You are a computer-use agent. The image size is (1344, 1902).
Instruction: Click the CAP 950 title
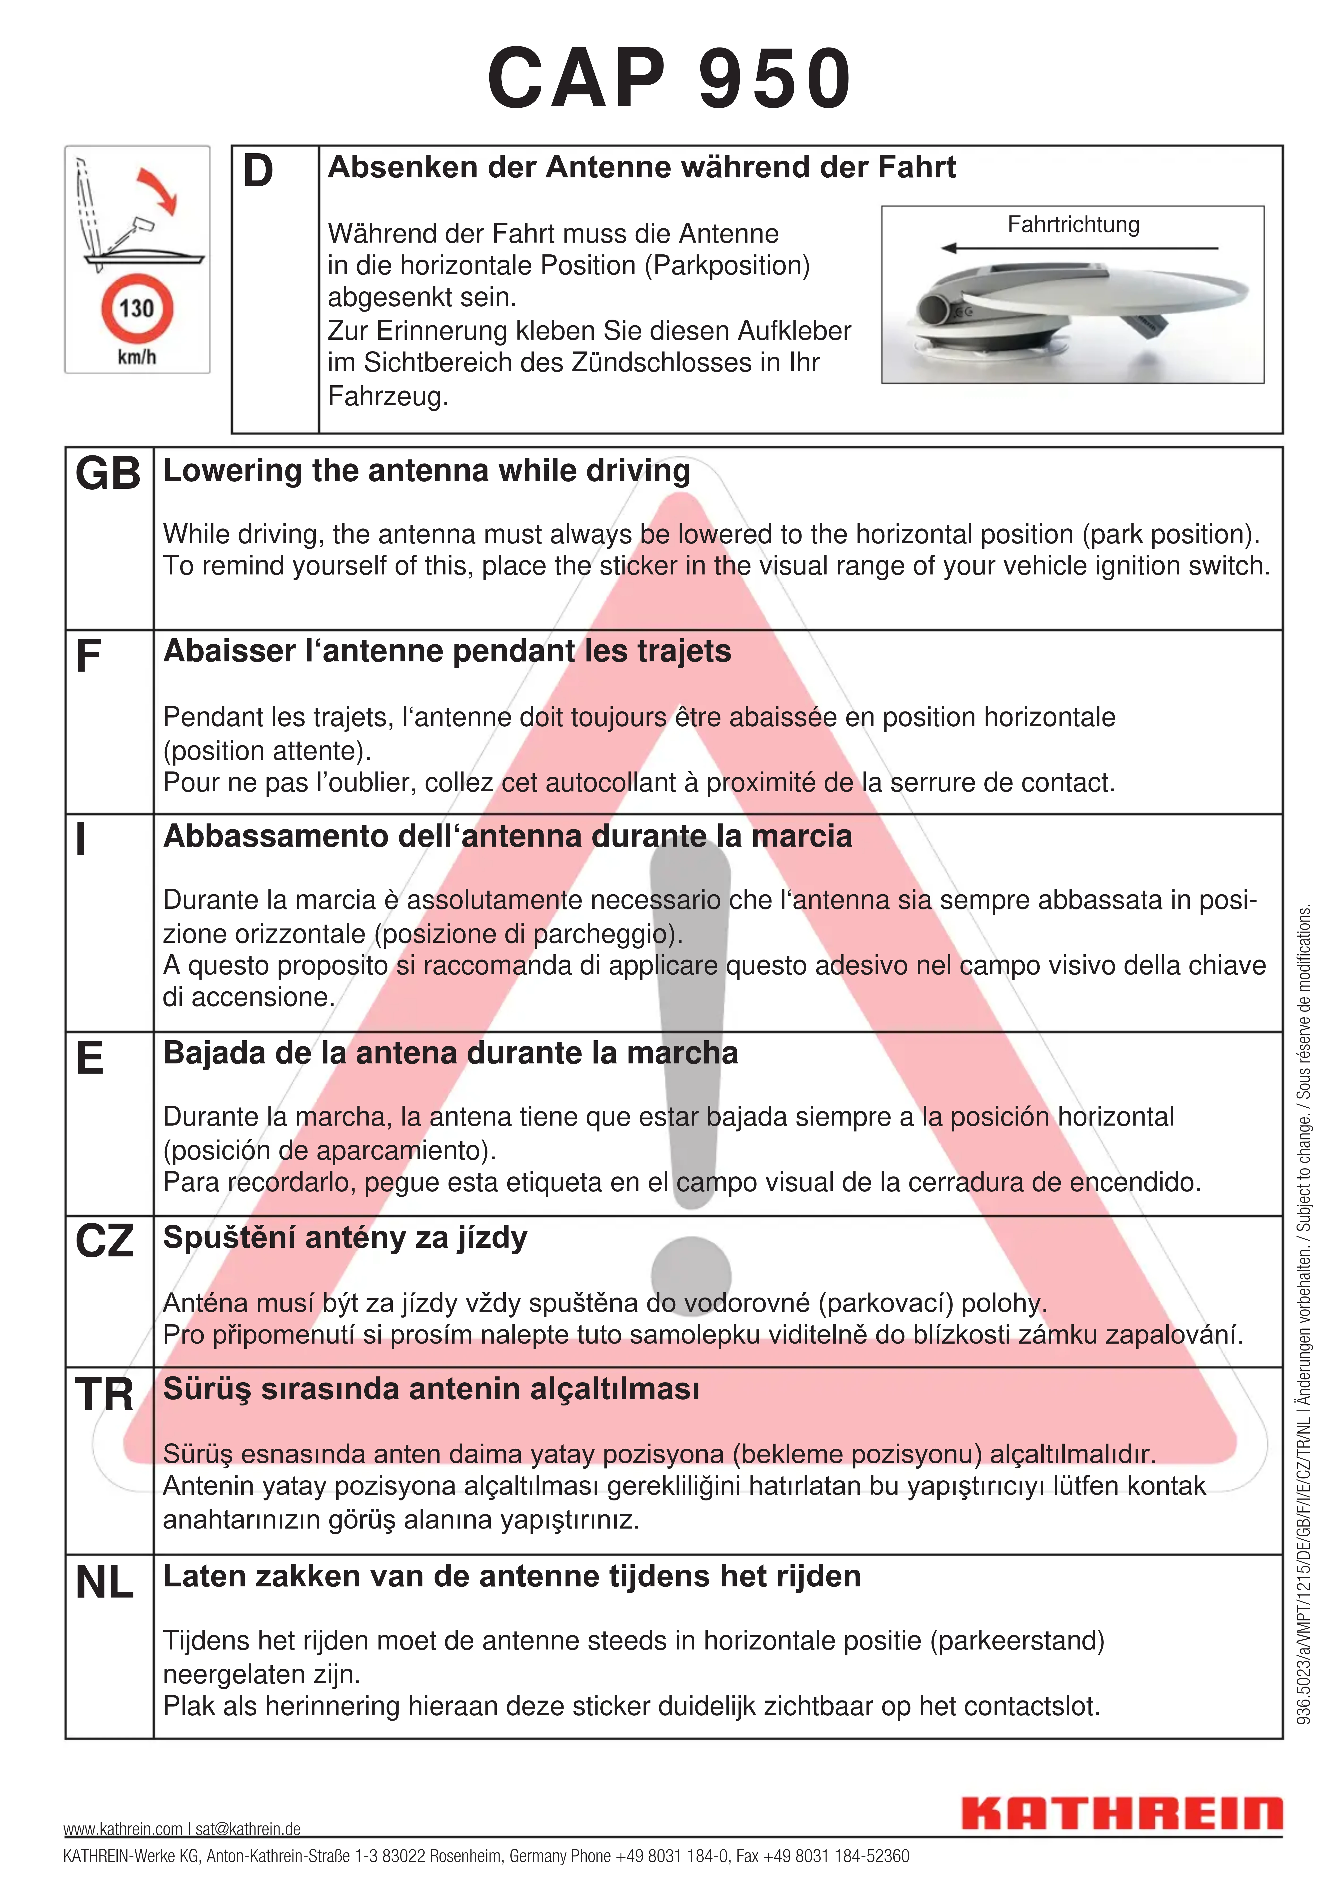tap(669, 79)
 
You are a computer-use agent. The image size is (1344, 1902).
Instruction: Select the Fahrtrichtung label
tap(1073, 224)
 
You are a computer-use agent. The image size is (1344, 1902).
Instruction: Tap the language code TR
tap(104, 1394)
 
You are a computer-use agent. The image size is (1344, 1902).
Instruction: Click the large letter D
tap(258, 171)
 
